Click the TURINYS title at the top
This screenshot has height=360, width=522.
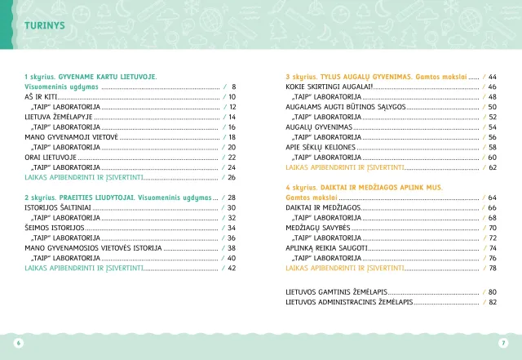[45, 25]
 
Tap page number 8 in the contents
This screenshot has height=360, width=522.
[233, 87]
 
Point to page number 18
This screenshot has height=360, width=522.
[232, 137]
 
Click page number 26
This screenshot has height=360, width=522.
[232, 177]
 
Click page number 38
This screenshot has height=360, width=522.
[232, 247]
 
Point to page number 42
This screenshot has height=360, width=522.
[232, 268]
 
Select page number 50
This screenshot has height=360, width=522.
[493, 107]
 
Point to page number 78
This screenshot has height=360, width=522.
[493, 268]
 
